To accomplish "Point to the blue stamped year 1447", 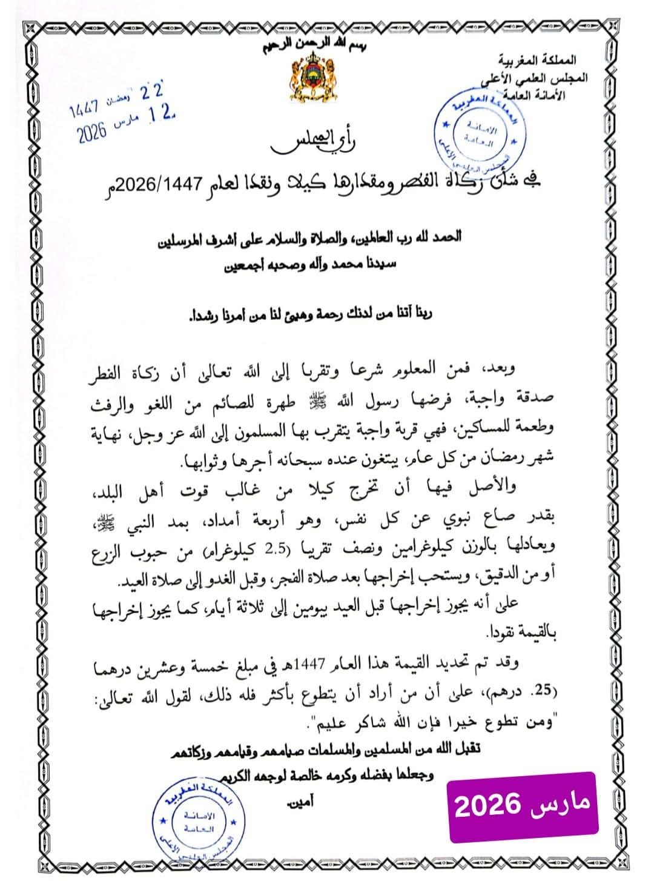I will click(84, 110).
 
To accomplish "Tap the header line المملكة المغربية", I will click(537, 61).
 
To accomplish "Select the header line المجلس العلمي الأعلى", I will click(529, 78).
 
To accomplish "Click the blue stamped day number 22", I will click(152, 93).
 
